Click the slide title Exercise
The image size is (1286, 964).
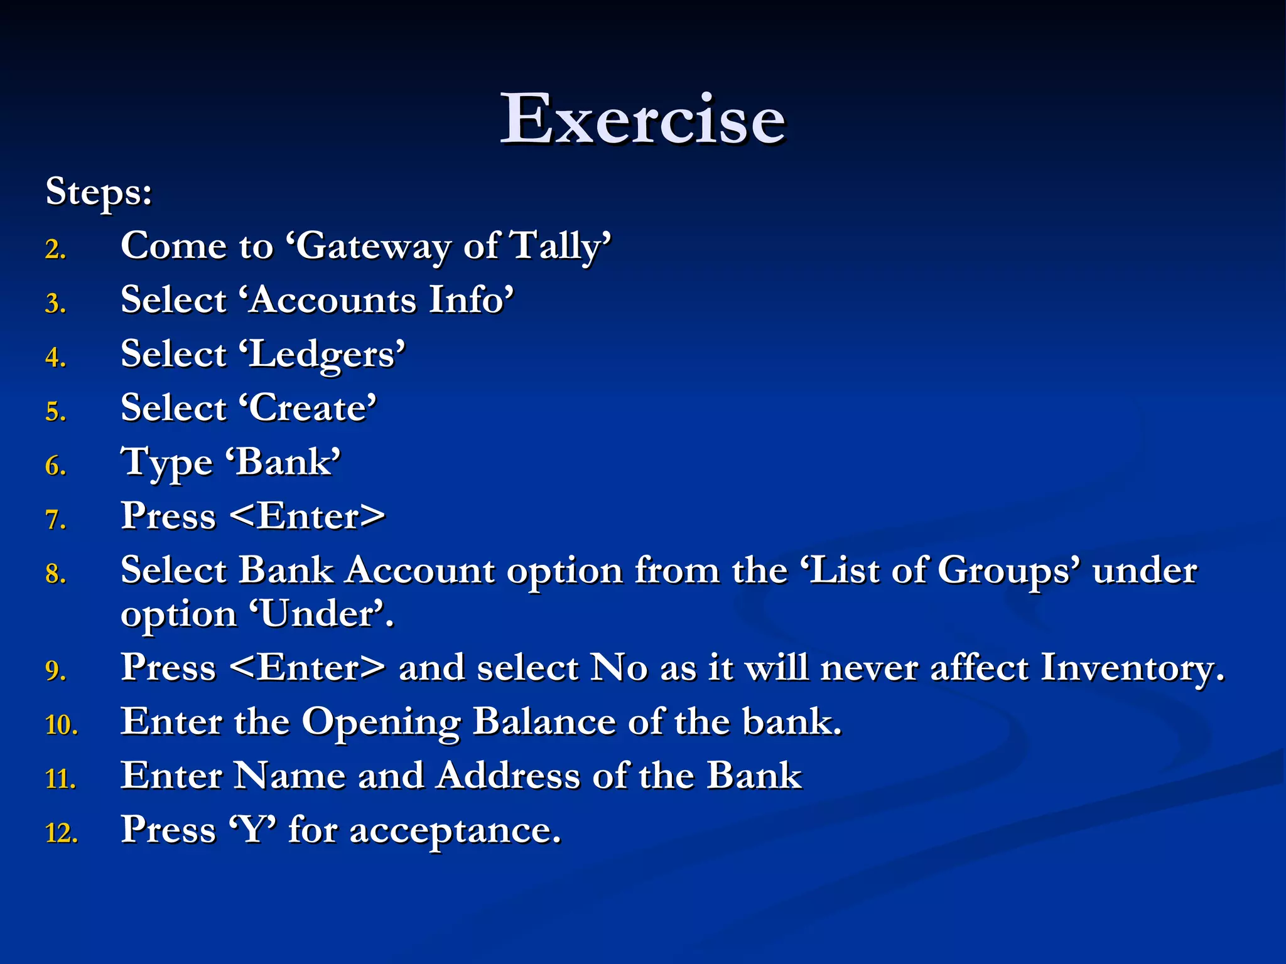pos(642,119)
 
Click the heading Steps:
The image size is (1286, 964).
pos(99,191)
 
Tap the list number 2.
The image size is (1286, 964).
pos(55,250)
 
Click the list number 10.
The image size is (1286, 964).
pos(62,726)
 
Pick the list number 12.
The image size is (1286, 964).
pos(62,833)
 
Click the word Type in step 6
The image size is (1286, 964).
pos(166,463)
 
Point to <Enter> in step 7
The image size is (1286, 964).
pos(307,517)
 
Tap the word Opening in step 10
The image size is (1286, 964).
pos(382,722)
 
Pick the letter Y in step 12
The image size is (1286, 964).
pos(253,830)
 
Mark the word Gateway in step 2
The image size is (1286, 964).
pos(373,246)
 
